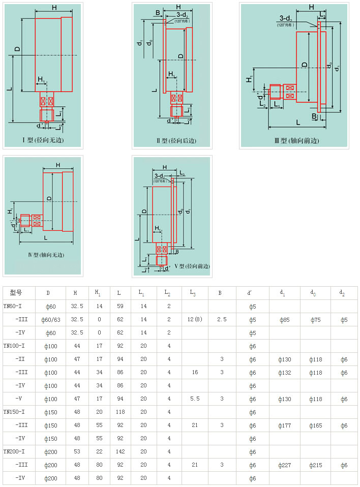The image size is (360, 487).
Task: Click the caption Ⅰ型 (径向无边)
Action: coord(43,140)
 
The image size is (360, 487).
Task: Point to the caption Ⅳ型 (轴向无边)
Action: coord(43,255)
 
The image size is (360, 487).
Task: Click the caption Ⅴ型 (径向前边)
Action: coord(192,266)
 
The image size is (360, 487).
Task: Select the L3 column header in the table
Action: coord(193,293)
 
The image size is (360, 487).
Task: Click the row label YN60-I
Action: coord(13,306)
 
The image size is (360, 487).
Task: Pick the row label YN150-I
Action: coord(14,412)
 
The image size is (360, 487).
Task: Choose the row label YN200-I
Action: coord(14,451)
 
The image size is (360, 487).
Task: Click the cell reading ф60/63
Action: coord(50,319)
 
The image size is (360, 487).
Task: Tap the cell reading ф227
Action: coord(285,465)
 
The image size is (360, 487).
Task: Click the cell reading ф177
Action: coord(285,425)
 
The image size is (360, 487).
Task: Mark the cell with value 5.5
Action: coord(195,399)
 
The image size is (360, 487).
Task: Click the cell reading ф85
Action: coord(285,319)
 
